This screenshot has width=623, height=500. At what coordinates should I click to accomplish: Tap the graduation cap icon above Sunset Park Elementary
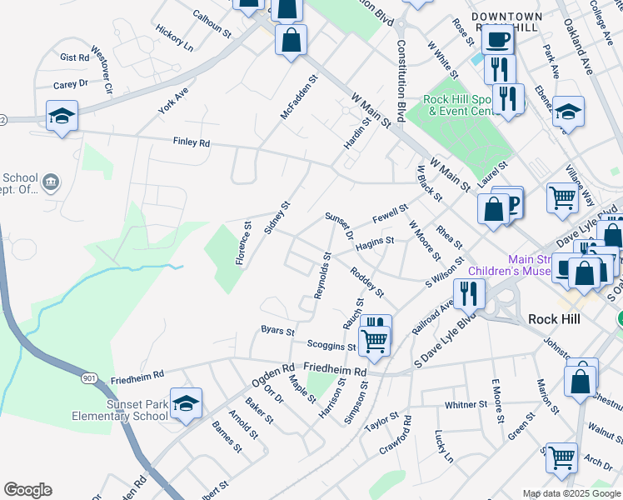pos(186,402)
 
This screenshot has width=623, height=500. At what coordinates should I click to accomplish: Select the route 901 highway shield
pos(89,379)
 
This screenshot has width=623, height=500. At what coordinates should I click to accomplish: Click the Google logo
pos(27,490)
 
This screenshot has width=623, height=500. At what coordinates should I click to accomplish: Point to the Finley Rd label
pos(192,142)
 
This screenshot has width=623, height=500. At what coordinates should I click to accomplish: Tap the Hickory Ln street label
pos(174,36)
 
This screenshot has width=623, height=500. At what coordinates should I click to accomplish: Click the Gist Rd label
pos(74,58)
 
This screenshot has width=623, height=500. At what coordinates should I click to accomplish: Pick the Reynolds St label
pos(323,276)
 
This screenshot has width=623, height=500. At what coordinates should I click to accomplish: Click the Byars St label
pos(277,331)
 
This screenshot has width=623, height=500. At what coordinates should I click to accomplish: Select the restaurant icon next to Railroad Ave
pos(469,292)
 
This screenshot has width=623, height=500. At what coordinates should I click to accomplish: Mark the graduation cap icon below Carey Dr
pos(62,115)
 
